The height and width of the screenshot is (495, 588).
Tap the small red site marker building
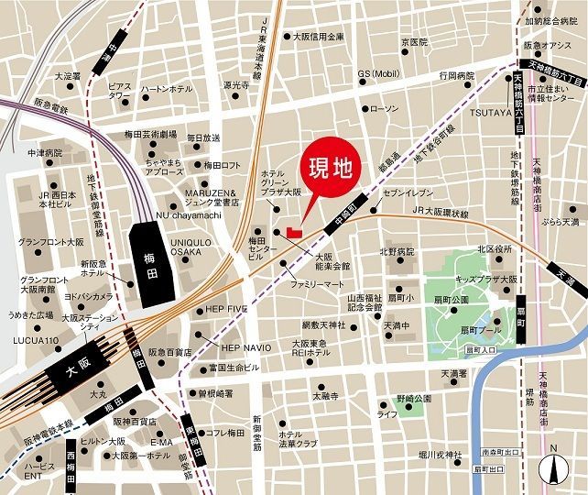[293, 232]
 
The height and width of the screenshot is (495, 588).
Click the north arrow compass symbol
[554, 468]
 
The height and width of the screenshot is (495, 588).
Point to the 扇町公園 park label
[451, 300]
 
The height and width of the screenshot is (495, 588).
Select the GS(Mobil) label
[378, 73]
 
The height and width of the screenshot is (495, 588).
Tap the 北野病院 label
[397, 250]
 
